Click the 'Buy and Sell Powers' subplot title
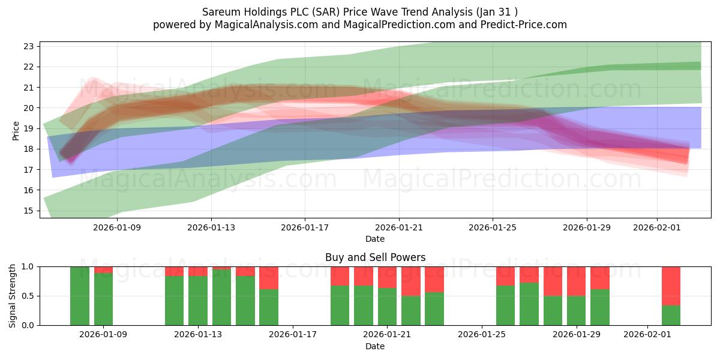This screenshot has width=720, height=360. pos(375,257)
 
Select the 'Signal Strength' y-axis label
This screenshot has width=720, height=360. pos(13,296)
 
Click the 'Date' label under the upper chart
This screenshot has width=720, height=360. pos(375,239)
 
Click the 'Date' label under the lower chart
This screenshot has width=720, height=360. pos(375,346)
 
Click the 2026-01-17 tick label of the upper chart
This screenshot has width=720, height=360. pos(305,227)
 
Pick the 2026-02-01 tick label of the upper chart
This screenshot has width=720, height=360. pos(657,227)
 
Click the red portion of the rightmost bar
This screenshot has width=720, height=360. pos(671,286)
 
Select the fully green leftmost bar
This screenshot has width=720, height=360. pos(80,296)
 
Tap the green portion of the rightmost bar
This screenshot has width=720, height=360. pos(671,316)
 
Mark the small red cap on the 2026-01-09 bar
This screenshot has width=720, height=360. pos(103,269)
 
